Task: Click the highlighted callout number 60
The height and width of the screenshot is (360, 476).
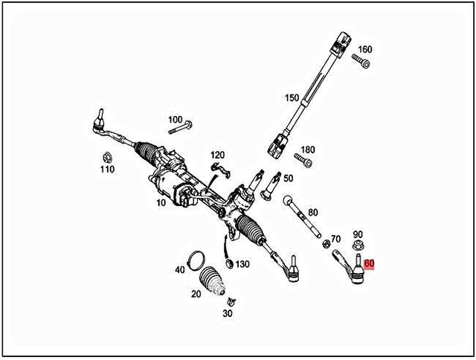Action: pos(370,263)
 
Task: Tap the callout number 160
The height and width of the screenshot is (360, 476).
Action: pos(364,50)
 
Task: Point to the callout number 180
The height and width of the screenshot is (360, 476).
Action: pos(307,150)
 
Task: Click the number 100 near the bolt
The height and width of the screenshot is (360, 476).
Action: pos(175,119)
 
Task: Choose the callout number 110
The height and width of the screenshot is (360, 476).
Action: pos(108,170)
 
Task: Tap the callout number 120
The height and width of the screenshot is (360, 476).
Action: pos(217,155)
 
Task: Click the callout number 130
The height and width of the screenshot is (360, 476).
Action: pos(242,264)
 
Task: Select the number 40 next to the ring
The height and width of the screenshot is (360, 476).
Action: pos(179,269)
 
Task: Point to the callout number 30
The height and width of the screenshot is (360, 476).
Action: pos(228,313)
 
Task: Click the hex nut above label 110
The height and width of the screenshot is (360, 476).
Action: pos(107,157)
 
